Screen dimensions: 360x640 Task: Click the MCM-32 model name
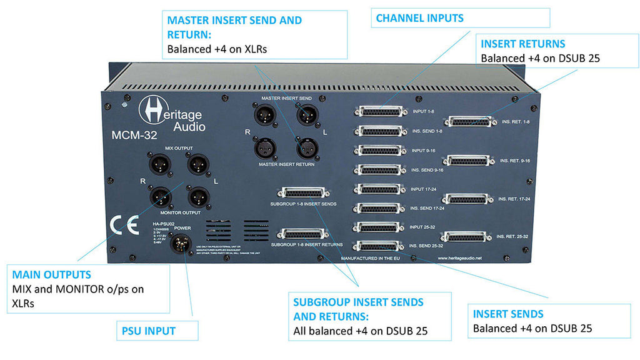tap(131, 134)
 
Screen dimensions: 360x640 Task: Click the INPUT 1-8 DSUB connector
tap(379, 111)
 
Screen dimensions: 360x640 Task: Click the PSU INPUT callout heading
tap(146, 331)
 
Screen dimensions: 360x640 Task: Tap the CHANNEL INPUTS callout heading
tap(419, 18)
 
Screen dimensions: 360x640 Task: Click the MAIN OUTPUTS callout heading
tap(52, 274)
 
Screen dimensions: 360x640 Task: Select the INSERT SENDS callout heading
tap(508, 314)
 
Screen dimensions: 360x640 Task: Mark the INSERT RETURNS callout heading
tap(523, 44)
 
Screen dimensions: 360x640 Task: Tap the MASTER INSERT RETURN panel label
tap(287, 164)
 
